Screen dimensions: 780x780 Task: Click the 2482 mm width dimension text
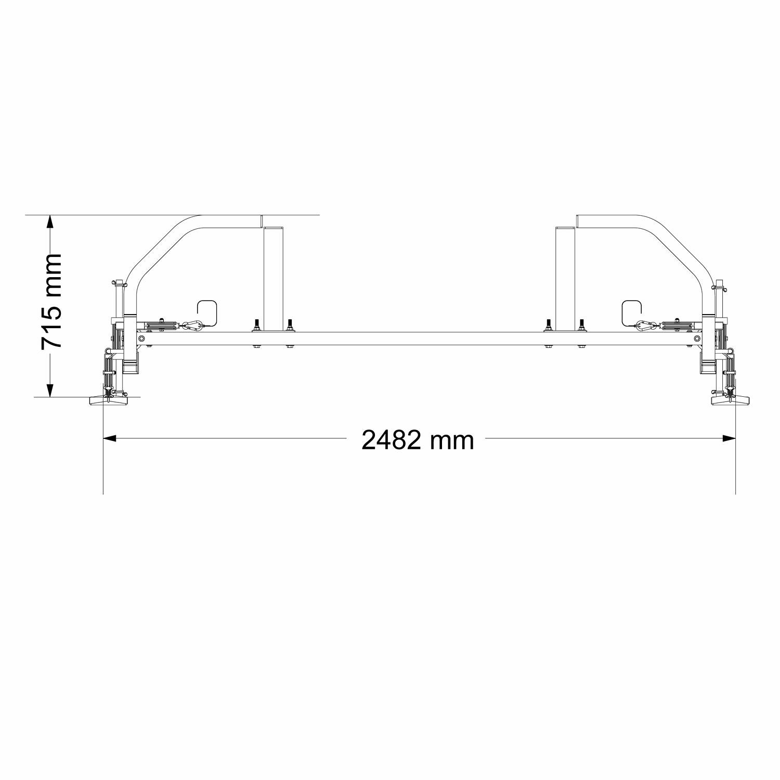point(418,440)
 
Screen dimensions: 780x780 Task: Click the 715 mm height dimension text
point(52,302)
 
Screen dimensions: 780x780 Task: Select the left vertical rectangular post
point(274,278)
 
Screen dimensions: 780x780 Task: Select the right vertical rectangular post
point(566,278)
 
